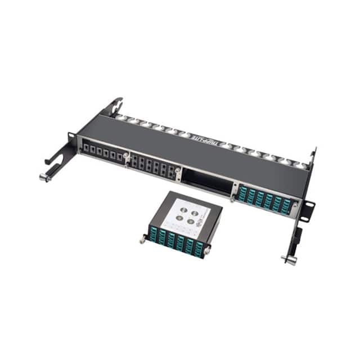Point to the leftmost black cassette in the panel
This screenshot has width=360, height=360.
(102, 152)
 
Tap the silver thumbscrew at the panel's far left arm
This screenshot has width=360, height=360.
(44, 177)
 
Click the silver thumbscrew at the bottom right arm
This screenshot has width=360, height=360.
(288, 259)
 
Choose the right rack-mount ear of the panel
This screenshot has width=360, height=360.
(307, 205)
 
